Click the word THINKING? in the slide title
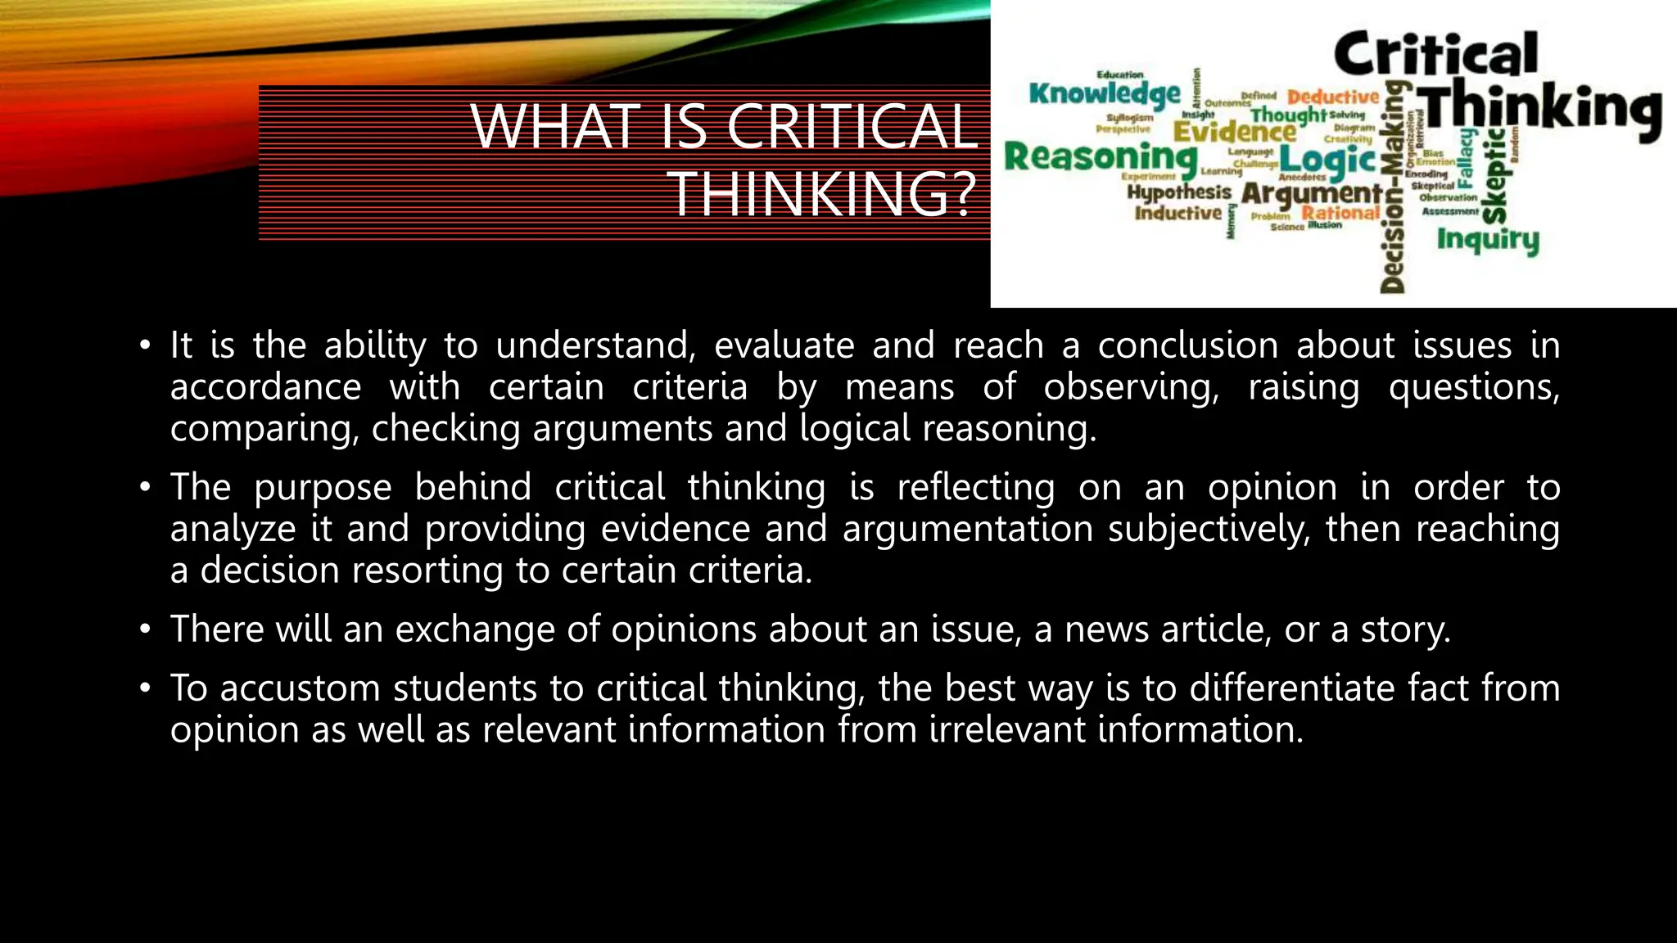click(x=824, y=194)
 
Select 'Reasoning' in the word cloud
click(x=1101, y=156)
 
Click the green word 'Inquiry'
click(x=1488, y=240)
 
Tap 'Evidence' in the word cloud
click(x=1234, y=131)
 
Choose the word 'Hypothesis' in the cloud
click(x=1179, y=192)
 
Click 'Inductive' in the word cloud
click(x=1178, y=213)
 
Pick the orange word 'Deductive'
click(x=1333, y=97)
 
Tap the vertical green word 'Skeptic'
click(x=1494, y=176)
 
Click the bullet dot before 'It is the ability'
click(x=145, y=345)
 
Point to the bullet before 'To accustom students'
click(x=145, y=688)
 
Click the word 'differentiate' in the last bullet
click(x=1291, y=688)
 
